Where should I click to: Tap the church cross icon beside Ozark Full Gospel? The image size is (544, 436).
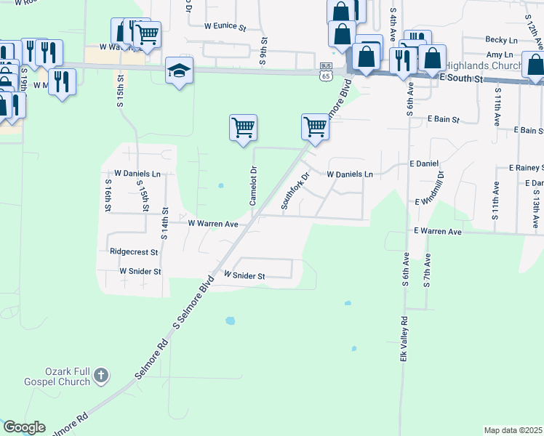(x=101, y=376)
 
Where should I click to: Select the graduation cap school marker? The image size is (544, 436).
(x=178, y=70)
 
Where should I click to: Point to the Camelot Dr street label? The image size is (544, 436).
(x=254, y=186)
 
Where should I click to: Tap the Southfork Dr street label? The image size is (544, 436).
(x=295, y=190)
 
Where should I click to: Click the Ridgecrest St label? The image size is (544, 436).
(x=134, y=252)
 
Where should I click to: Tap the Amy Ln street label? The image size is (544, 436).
(x=499, y=54)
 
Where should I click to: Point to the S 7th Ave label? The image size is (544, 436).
(x=427, y=271)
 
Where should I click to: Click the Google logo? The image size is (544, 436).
(x=24, y=427)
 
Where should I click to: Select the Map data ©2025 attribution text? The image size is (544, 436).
(x=513, y=430)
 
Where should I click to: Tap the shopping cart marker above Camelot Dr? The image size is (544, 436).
(x=243, y=128)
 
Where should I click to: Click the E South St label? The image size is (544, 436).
(x=461, y=76)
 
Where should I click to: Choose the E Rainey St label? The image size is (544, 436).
(x=521, y=168)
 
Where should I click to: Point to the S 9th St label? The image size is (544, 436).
(x=263, y=52)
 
